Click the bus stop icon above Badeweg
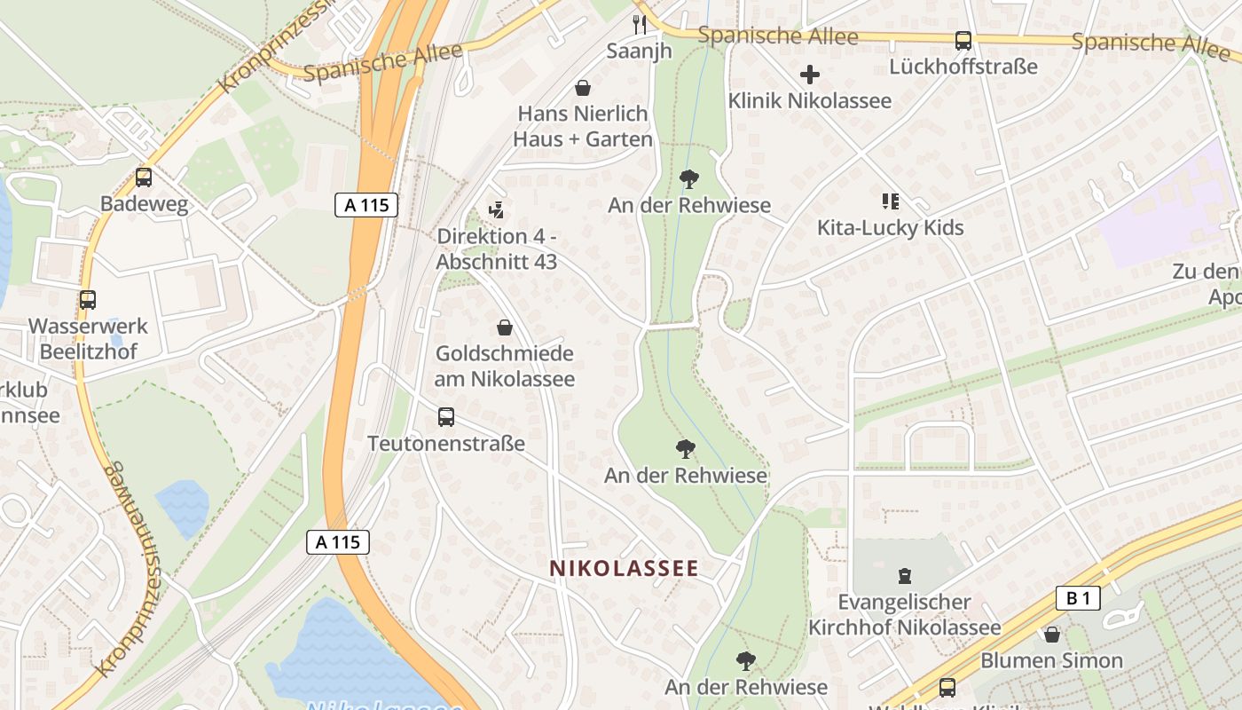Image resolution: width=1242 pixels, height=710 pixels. [x=144, y=177]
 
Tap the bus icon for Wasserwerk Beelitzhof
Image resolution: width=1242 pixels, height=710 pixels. [x=87, y=300]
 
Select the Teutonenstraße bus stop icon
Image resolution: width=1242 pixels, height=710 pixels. [x=446, y=416]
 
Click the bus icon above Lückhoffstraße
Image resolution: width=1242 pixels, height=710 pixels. [x=963, y=40]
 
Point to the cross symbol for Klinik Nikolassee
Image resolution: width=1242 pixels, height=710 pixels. [x=809, y=75]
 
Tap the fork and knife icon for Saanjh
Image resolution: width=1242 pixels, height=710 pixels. [x=639, y=23]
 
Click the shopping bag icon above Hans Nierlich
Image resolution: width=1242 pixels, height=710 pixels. [x=583, y=88]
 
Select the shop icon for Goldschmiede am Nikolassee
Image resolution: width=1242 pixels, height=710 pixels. [x=505, y=327]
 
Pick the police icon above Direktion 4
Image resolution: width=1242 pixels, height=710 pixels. [x=497, y=210]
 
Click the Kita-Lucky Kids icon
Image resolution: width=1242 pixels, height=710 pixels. [x=890, y=201]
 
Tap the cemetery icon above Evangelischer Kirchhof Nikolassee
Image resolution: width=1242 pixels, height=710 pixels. [x=904, y=576]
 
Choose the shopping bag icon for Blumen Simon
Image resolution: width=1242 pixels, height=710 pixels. [x=1051, y=635]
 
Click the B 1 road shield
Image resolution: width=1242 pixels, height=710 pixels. [x=1078, y=598]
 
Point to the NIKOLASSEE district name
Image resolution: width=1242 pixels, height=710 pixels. [x=624, y=568]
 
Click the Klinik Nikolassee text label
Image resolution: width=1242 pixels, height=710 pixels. [x=809, y=100]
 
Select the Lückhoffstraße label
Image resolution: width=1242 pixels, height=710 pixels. [x=963, y=67]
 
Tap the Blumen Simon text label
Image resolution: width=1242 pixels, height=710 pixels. [x=1051, y=661]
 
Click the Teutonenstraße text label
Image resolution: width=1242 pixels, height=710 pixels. [x=446, y=443]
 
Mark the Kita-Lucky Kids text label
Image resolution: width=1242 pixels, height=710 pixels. [x=890, y=228]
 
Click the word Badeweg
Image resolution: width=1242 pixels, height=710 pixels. [x=144, y=204]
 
